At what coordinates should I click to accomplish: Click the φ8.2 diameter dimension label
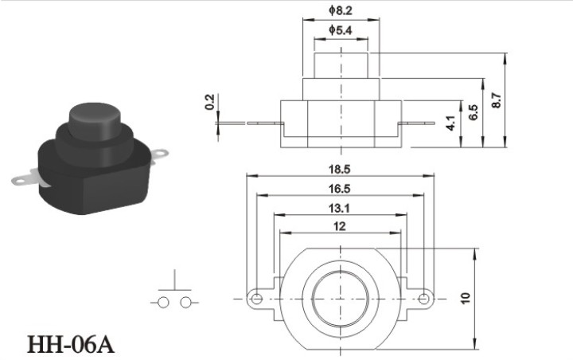tap(341, 10)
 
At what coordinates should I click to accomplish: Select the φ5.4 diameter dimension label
tap(341, 29)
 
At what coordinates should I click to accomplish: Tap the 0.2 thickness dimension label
tap(210, 102)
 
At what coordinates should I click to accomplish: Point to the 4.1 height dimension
tap(450, 123)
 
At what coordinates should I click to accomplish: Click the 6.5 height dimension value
tap(474, 112)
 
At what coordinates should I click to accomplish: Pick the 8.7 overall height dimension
tap(497, 100)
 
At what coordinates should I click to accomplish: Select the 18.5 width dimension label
tap(339, 170)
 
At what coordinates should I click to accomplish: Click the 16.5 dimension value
tap(339, 189)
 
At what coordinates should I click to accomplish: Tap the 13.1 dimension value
tap(339, 208)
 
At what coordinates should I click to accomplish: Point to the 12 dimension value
tap(339, 226)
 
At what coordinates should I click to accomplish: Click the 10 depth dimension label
tap(465, 298)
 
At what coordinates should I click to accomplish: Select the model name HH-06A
tap(71, 344)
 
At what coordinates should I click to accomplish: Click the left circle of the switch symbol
tap(163, 303)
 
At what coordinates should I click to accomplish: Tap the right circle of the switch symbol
tap(186, 303)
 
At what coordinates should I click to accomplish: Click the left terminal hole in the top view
tap(257, 299)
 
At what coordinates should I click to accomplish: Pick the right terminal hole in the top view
tap(423, 299)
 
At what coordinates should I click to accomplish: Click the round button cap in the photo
tap(94, 121)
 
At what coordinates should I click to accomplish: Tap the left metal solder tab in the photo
tap(25, 178)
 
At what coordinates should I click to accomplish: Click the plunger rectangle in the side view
tap(341, 65)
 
